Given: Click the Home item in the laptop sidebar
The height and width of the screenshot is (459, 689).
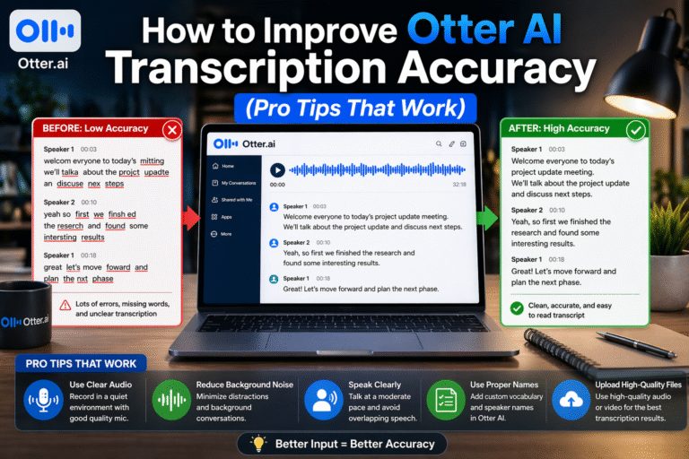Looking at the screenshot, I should tap(227, 166).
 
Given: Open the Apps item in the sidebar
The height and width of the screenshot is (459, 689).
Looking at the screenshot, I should tap(226, 217).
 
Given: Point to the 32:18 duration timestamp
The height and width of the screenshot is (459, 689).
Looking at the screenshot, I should tap(459, 184).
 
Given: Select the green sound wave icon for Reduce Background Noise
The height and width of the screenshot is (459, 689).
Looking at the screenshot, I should tap(170, 398).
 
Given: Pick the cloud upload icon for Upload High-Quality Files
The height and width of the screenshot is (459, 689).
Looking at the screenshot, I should tap(570, 397).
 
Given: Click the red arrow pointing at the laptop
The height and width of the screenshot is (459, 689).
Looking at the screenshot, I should tap(191, 217).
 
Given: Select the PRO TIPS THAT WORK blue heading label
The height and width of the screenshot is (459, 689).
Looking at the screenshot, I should tap(76, 363).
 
